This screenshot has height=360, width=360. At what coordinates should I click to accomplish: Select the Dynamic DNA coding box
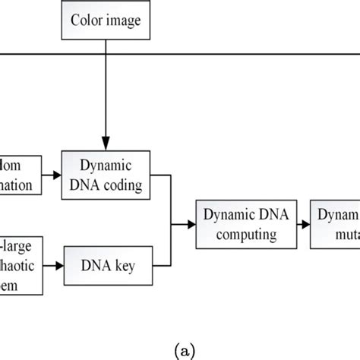click(106, 175)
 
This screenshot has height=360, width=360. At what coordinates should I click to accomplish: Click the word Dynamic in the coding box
click(106, 166)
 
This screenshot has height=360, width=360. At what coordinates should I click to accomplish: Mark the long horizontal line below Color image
click(228, 54)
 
